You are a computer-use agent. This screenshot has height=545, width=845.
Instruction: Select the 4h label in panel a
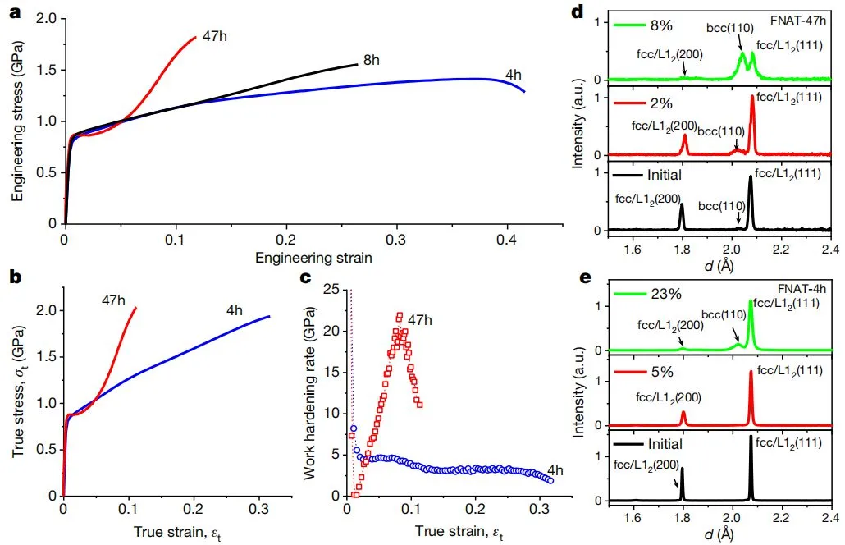[x=514, y=75]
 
